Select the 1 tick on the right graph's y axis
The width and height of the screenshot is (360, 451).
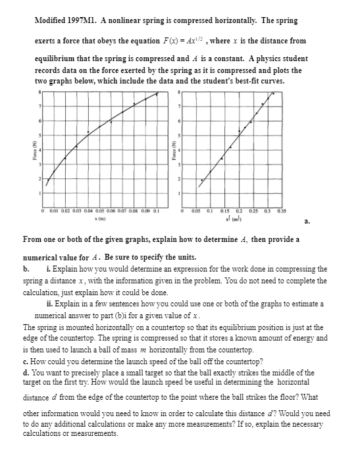click(x=178, y=193)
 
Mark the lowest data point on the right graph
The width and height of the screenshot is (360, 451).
click(x=202, y=179)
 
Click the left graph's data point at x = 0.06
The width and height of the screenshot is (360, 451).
click(x=111, y=122)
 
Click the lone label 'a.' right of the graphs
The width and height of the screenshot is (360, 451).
click(x=304, y=222)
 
